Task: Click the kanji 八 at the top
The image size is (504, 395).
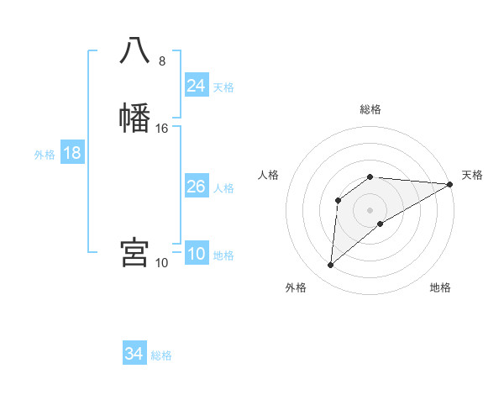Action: [x=134, y=51]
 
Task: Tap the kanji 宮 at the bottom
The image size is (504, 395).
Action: [x=134, y=252]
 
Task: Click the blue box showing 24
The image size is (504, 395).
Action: [x=196, y=86]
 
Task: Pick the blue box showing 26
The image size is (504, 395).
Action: [x=196, y=187]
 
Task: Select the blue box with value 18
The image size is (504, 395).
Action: [x=71, y=153]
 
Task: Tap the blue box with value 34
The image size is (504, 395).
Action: [x=134, y=355]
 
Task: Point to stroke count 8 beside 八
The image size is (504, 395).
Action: [x=162, y=61]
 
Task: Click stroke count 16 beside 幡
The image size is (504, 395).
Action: [x=162, y=129]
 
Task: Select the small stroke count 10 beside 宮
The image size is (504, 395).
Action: [x=162, y=263]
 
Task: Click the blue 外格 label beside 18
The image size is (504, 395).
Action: [x=44, y=155]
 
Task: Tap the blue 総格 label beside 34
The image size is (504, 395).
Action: [x=161, y=356]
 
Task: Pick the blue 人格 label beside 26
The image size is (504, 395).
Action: [x=223, y=188]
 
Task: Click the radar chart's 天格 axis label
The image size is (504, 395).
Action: [x=472, y=175]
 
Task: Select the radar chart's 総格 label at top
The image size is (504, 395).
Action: [x=370, y=109]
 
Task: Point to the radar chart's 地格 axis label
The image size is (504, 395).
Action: [x=440, y=288]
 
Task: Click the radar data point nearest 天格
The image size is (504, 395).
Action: [x=450, y=184]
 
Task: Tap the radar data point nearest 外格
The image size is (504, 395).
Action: [x=330, y=266]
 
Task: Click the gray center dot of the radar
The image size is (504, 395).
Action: [x=370, y=209]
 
